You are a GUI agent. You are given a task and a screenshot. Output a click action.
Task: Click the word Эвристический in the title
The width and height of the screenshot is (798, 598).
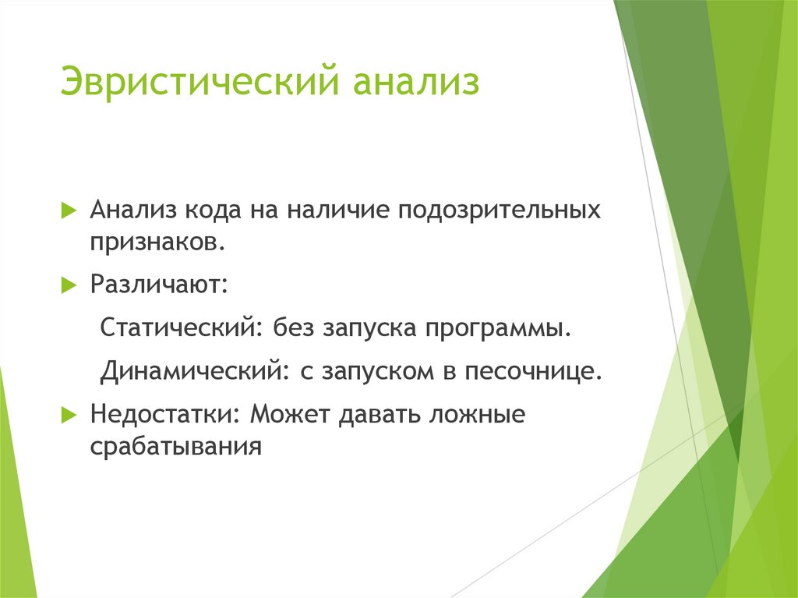[x=199, y=80]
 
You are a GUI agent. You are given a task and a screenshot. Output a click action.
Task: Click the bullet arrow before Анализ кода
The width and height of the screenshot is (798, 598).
[x=69, y=210]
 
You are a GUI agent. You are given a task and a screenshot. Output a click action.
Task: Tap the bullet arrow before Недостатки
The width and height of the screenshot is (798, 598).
[x=69, y=415]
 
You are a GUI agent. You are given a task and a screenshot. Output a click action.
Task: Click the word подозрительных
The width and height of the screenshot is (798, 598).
[x=500, y=211]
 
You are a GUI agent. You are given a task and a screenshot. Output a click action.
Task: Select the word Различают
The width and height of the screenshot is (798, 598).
[x=159, y=285]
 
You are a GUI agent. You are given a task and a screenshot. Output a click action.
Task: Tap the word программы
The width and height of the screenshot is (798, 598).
[x=498, y=329]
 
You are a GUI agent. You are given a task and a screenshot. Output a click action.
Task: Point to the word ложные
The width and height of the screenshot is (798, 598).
[x=477, y=414]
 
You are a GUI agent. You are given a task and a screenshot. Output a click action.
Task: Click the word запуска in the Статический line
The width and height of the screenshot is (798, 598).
[x=370, y=329]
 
